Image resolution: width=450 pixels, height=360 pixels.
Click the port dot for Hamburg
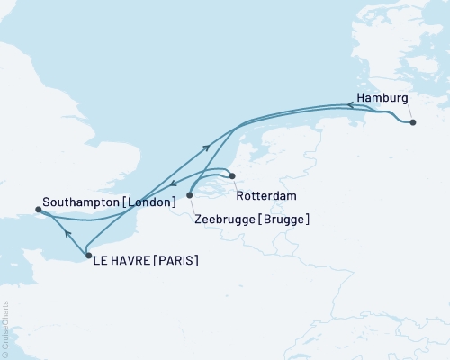click(412, 122)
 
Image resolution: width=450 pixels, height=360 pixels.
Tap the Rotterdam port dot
click(232, 176)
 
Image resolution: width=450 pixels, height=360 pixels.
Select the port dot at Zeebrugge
click(189, 194)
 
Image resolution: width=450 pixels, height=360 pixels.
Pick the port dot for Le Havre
click(87, 256)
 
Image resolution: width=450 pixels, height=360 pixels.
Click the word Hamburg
click(382, 97)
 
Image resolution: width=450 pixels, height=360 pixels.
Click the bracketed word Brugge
click(282, 219)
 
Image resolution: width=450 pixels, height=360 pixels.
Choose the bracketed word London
click(149, 203)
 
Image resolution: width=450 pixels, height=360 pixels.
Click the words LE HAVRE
click(122, 261)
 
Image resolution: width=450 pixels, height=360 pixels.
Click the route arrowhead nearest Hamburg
click(350, 105)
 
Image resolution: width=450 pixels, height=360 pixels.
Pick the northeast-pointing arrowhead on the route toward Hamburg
click(208, 147)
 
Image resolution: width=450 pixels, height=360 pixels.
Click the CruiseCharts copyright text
click(5, 329)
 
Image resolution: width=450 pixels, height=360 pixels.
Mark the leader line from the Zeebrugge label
click(193, 205)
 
